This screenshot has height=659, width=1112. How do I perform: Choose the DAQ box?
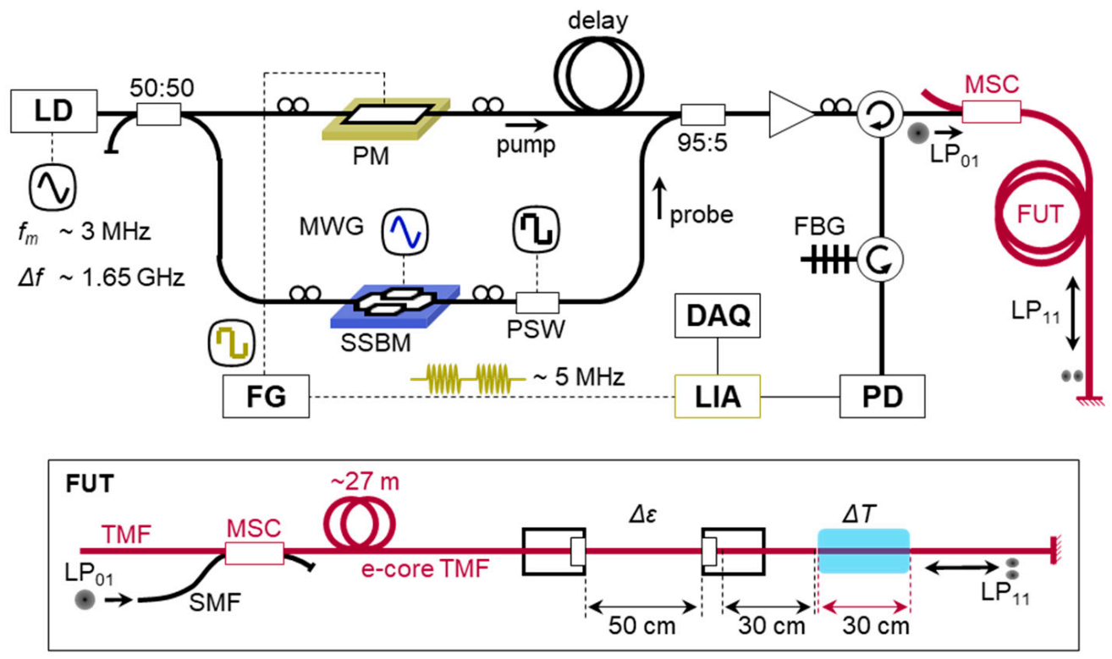point(717,318)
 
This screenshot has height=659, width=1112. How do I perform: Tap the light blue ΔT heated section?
point(862,552)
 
